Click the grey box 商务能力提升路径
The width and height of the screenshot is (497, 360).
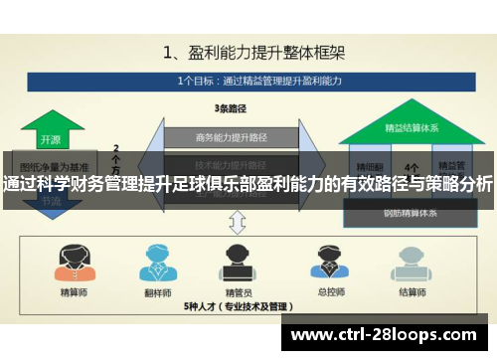(230, 137)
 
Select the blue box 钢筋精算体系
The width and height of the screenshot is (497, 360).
(411, 212)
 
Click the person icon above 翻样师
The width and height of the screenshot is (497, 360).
(154, 261)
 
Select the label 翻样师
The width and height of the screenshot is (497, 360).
(154, 293)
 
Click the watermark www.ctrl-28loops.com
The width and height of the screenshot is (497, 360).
(388, 335)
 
